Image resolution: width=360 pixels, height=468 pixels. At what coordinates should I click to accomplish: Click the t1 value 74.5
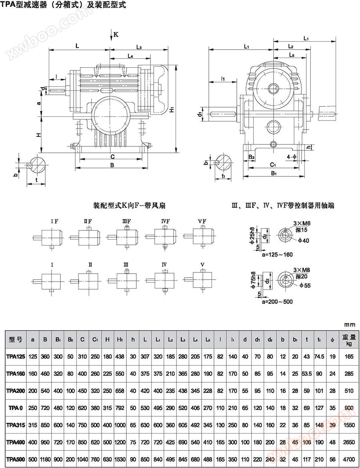point(319,356)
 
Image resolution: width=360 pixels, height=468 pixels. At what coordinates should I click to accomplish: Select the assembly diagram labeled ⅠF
point(51,236)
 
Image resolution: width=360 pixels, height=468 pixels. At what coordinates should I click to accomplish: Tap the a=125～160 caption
point(277,254)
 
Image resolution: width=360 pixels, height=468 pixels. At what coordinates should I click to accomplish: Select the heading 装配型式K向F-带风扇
point(129,206)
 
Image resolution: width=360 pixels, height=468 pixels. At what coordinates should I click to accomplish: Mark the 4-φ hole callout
point(291,157)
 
